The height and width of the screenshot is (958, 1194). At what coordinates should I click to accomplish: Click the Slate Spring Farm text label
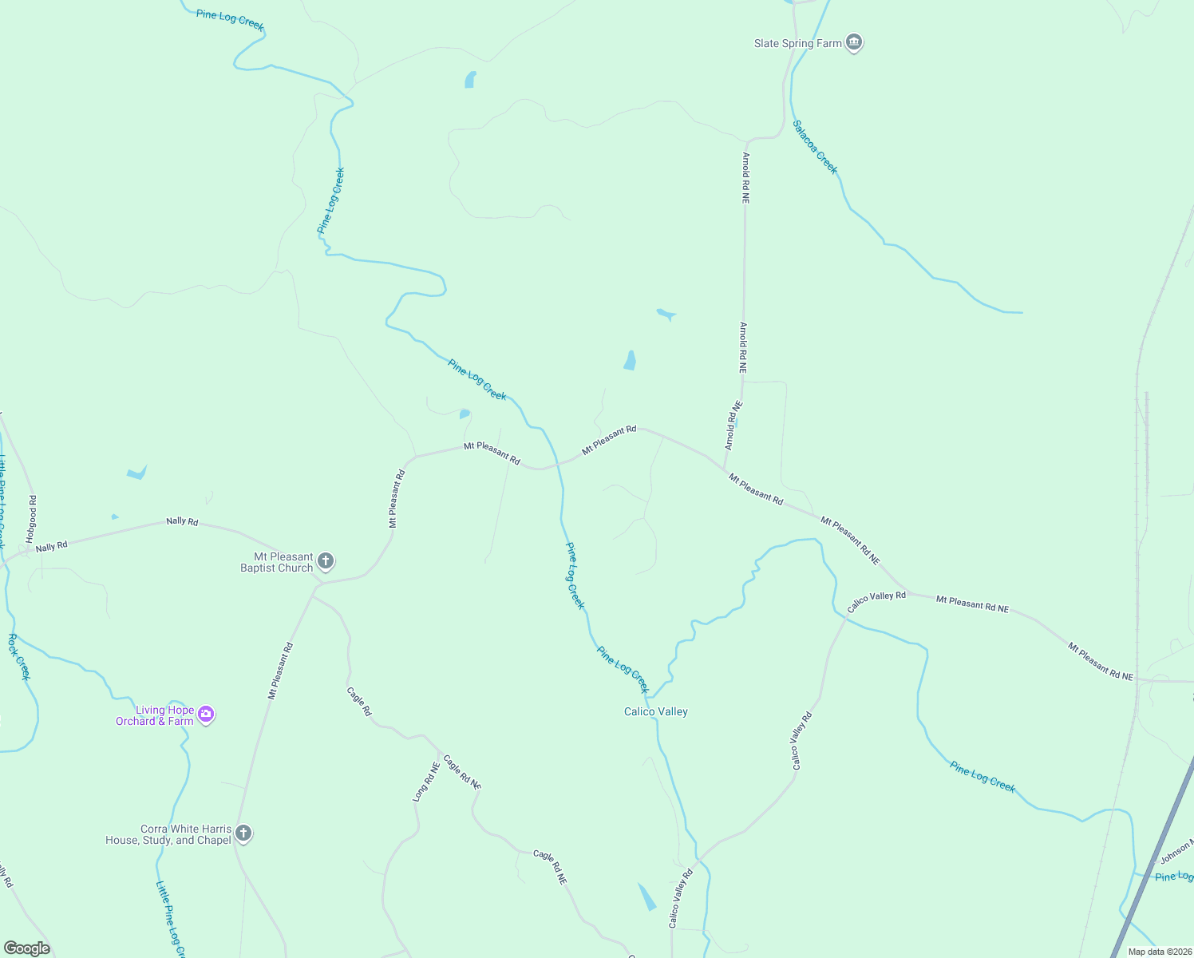tap(797, 43)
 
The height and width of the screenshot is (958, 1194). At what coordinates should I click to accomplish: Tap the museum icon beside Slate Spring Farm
tap(854, 42)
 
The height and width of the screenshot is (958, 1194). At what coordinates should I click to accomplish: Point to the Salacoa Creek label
tap(815, 147)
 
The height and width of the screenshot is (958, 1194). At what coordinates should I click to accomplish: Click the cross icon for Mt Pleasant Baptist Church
tap(326, 561)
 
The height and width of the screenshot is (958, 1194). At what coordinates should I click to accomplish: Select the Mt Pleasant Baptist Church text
tap(277, 562)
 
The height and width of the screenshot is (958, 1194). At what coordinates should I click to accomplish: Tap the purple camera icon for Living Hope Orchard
tap(206, 715)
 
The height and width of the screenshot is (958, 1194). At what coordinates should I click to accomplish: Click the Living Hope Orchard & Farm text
tap(155, 715)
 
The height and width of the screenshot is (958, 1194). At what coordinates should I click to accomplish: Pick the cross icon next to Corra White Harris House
tap(244, 833)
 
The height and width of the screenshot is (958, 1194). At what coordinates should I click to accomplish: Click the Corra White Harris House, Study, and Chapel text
tap(168, 834)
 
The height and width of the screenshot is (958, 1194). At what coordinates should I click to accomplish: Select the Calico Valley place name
tap(655, 711)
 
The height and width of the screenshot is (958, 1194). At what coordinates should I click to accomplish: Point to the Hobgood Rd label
tap(32, 519)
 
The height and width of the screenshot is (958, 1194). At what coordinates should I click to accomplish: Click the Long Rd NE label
tap(426, 782)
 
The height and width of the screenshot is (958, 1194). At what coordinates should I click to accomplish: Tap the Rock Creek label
tap(19, 657)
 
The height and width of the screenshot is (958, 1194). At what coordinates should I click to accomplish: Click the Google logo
tap(26, 948)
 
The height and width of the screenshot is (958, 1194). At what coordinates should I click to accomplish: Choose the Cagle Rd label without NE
tap(359, 701)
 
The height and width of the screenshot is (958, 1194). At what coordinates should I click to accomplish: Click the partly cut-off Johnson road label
tap(1176, 852)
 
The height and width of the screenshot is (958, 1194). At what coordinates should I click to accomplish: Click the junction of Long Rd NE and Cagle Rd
tap(439, 754)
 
